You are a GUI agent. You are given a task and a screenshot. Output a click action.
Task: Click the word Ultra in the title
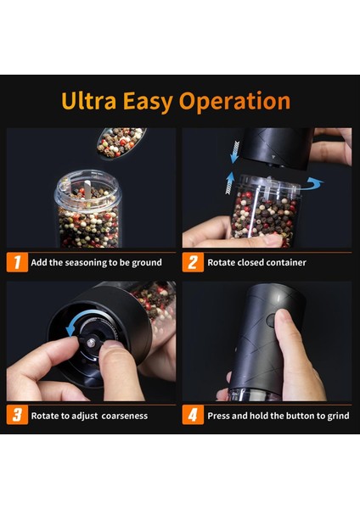88,101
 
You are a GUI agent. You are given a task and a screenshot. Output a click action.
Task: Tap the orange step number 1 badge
17,262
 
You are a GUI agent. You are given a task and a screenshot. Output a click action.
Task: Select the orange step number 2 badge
193,262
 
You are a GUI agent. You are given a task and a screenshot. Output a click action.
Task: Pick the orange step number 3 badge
17,415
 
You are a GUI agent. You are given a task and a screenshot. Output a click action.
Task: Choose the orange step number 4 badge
193,415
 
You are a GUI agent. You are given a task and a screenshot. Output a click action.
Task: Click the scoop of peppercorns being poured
121,143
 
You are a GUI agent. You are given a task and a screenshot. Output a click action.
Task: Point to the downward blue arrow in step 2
234,152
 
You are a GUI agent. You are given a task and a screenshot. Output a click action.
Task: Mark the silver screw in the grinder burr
92,342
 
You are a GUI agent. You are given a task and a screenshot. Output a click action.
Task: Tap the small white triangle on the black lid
273,157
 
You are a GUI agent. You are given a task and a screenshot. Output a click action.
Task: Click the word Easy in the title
147,102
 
